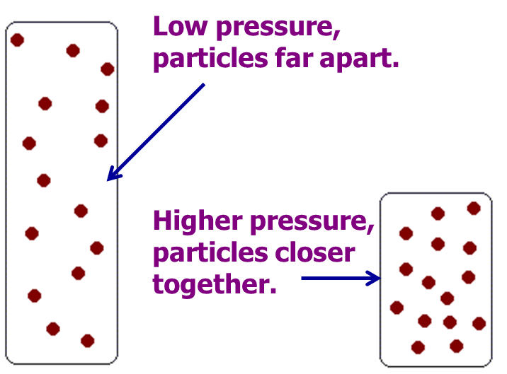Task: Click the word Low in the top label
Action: [180, 26]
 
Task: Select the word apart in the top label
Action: [359, 59]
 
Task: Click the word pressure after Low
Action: [278, 28]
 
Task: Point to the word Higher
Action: [198, 221]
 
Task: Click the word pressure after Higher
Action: [312, 223]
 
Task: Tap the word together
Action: [215, 284]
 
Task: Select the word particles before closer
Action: [210, 254]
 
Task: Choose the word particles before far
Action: [210, 59]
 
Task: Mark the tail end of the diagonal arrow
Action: [205, 84]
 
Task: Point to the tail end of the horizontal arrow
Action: [302, 278]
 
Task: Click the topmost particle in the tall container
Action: [17, 40]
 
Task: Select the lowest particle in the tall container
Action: [87, 341]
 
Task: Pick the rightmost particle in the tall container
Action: [108, 69]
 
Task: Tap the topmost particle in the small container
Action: [474, 208]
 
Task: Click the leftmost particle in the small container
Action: [397, 308]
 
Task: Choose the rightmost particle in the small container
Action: [479, 323]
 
